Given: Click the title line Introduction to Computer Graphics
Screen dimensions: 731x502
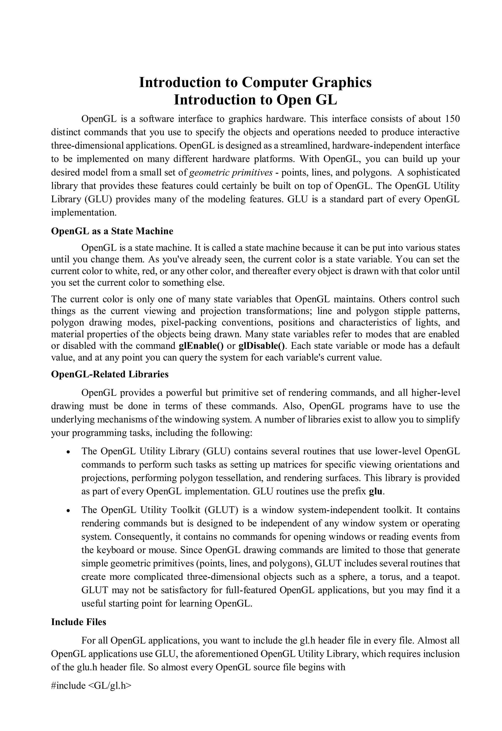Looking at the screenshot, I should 255,82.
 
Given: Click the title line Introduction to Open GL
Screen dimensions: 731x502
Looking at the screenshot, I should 255,100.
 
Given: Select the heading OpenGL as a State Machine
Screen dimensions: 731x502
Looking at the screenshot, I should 112,231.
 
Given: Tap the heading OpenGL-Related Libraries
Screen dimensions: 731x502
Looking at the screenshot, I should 110,374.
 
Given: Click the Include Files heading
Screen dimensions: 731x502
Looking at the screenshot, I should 79,622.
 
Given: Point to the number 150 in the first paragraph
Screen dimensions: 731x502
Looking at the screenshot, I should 452,119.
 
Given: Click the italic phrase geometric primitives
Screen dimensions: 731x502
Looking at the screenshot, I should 231,172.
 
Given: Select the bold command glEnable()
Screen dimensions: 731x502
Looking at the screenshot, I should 201,346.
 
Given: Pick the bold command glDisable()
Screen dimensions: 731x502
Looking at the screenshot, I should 262,346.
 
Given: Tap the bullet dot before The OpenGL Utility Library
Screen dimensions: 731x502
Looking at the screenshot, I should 68,452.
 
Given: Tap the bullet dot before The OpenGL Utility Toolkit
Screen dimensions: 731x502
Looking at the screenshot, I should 68,510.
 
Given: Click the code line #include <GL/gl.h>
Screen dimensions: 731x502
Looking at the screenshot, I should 91,686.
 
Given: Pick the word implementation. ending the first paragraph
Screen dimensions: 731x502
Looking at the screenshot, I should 84,213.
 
